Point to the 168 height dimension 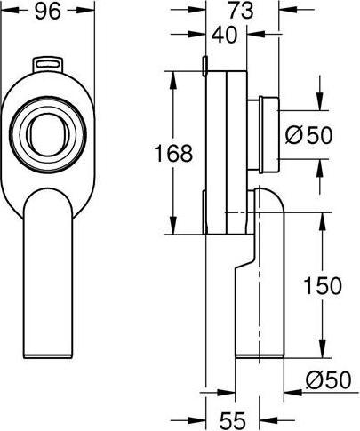point(173,153)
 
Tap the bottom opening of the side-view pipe point(257,355)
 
